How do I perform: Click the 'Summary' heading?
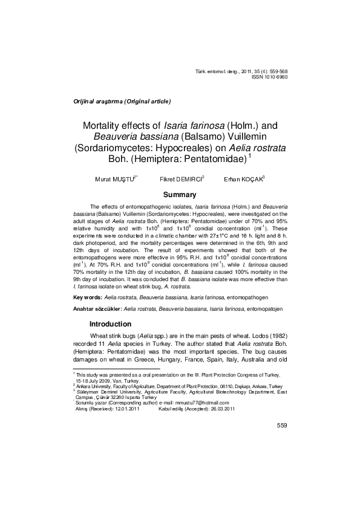click(180, 195)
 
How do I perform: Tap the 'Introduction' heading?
click(110, 324)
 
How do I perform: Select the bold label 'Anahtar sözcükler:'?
click(97, 309)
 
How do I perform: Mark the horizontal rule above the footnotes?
click(116, 368)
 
